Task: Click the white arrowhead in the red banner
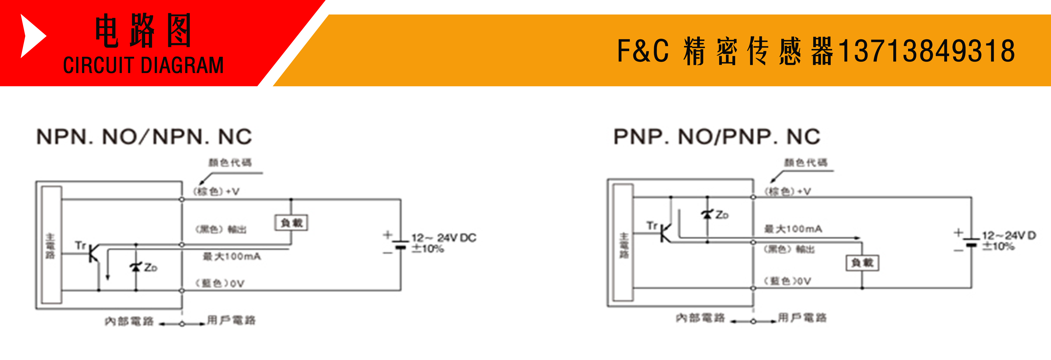point(32,36)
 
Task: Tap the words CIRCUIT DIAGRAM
point(143,65)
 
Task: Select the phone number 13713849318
point(926,51)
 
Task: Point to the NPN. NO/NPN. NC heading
point(144,137)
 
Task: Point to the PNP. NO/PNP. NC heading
point(717,137)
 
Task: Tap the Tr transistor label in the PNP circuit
point(652,225)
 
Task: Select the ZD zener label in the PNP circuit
point(721,215)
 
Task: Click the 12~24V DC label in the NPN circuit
point(444,238)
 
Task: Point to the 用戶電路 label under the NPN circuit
point(231,320)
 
